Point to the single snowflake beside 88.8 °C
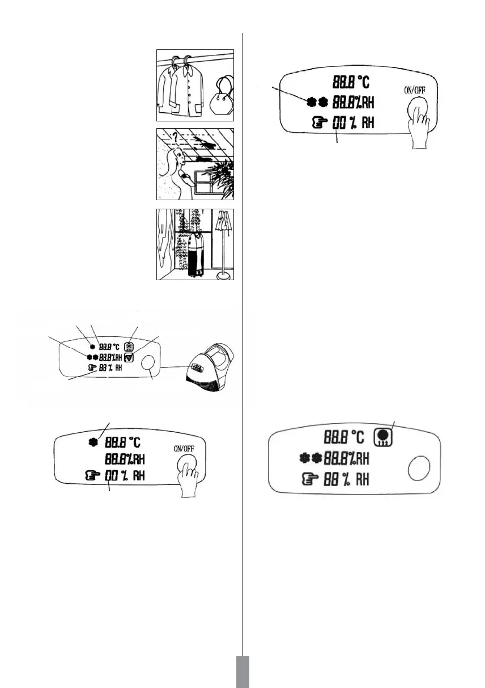click(92, 441)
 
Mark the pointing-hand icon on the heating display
click(313, 480)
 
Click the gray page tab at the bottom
click(242, 672)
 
